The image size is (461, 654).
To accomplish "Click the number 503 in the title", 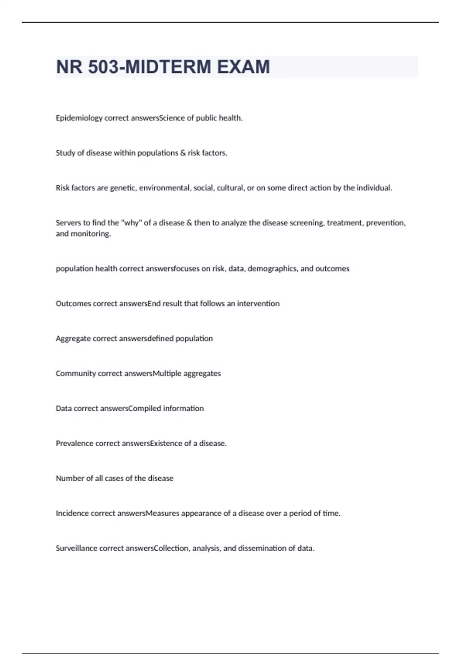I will click(103, 67).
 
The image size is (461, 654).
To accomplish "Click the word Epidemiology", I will click(79, 118).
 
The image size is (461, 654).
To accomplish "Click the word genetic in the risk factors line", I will click(123, 188).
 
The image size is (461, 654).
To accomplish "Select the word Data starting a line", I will click(64, 409).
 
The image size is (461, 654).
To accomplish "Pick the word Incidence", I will click(72, 514).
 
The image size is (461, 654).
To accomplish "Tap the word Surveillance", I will click(76, 548).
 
